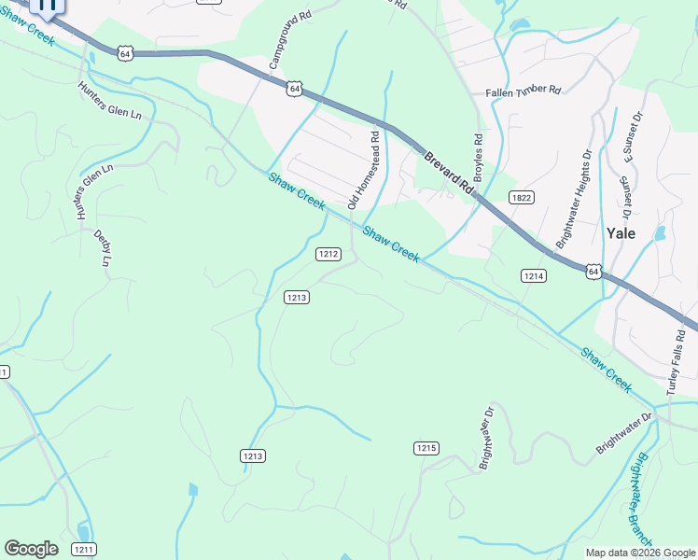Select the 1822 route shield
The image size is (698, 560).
521,197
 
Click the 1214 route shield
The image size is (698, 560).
533,275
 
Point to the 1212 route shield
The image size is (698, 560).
327,253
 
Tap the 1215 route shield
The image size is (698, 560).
426,448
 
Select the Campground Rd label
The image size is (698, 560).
289,41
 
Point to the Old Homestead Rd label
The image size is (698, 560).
364,169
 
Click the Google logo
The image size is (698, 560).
31,549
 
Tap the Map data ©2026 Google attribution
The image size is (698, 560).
640,553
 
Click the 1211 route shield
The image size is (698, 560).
83,549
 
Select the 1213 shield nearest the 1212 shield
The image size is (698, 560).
297,297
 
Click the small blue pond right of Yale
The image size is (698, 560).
661,232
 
